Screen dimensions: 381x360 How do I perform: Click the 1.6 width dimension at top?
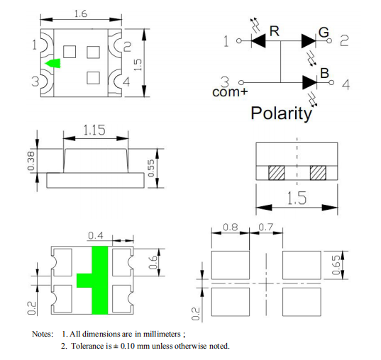pyautogui.click(x=81, y=14)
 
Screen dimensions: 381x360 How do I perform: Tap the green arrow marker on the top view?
pyautogui.click(x=53, y=63)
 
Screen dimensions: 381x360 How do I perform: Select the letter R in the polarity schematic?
pyautogui.click(x=275, y=31)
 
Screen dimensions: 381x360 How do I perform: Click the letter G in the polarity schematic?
pyautogui.click(x=324, y=33)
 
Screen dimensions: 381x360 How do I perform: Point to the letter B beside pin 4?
pyautogui.click(x=325, y=73)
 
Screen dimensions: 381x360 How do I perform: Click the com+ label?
pyautogui.click(x=230, y=92)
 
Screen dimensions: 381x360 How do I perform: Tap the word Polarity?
pyautogui.click(x=281, y=113)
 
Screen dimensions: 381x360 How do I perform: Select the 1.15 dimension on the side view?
pyautogui.click(x=94, y=130)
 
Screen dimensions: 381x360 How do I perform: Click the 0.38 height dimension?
pyautogui.click(x=31, y=161)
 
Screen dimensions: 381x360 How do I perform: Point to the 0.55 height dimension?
pyautogui.click(x=151, y=168)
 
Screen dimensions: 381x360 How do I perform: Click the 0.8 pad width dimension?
pyautogui.click(x=231, y=227)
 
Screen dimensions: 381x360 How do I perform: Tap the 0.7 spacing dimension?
pyautogui.click(x=266, y=227)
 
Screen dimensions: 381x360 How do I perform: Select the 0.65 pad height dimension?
pyautogui.click(x=336, y=265)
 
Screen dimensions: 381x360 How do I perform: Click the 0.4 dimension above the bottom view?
pyautogui.click(x=96, y=235)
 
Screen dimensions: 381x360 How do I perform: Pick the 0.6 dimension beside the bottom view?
pyautogui.click(x=153, y=262)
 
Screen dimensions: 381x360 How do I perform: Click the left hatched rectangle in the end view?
pyautogui.click(x=276, y=173)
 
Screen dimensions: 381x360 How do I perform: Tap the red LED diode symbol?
pyautogui.click(x=258, y=41)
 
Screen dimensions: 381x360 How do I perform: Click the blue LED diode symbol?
pyautogui.click(x=310, y=82)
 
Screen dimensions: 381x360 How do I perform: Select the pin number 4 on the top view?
pyautogui.click(x=126, y=81)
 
